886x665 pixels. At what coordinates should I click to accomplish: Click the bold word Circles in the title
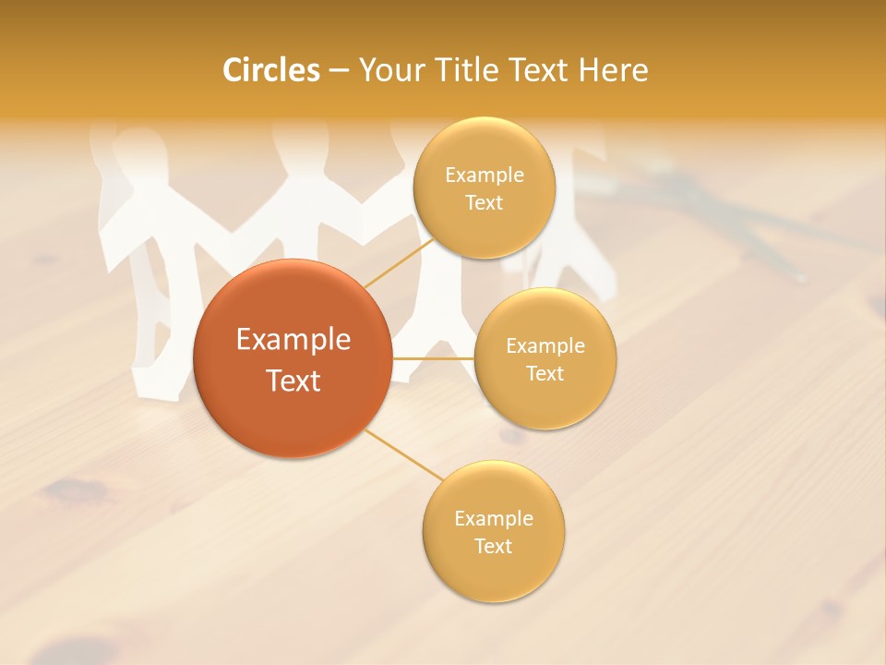270,70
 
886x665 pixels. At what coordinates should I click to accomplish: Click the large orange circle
293,358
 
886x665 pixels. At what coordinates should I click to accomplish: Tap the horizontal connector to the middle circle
433,357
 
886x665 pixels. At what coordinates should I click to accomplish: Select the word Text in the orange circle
293,381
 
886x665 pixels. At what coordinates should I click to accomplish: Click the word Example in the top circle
484,175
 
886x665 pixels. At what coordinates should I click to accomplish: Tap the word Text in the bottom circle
493,546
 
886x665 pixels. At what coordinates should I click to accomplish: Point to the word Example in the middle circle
545,345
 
